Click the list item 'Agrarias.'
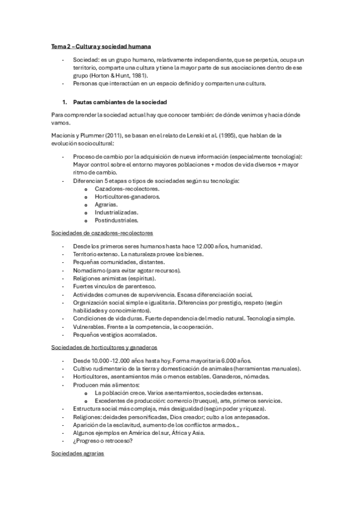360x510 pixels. click(106, 204)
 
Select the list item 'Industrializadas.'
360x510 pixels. click(116, 212)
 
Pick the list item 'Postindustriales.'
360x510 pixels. click(117, 220)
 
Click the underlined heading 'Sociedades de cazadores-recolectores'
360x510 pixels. click(102, 233)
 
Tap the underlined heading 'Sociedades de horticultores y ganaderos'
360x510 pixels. click(105, 347)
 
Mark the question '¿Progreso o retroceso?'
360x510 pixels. click(103, 440)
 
